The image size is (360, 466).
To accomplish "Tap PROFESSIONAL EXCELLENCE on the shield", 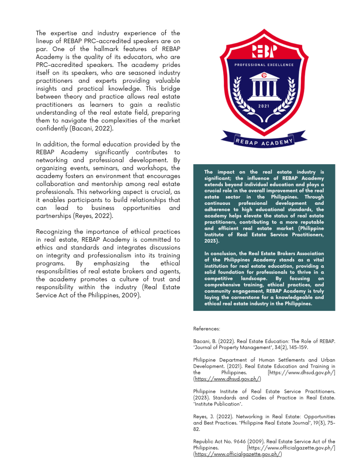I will tap(264, 65).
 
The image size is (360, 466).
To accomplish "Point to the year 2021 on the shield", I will tap(264, 106).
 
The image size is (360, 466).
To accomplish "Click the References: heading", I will tap(207, 328).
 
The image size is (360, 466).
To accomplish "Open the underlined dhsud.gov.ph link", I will tap(227, 379).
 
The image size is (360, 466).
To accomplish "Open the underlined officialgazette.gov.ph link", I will tap(238, 454).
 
